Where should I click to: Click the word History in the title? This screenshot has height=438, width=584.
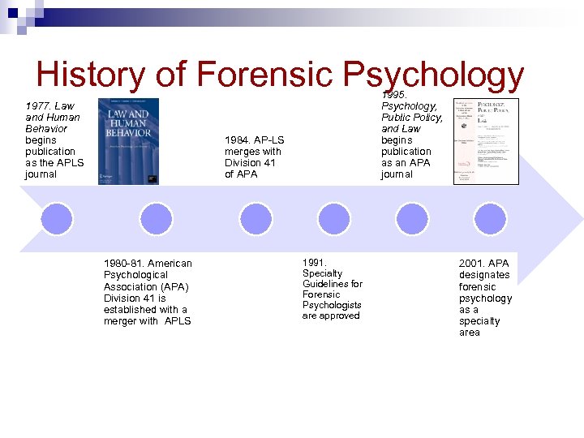pyautogui.click(x=89, y=75)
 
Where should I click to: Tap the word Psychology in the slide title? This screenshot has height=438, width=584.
pyautogui.click(x=433, y=75)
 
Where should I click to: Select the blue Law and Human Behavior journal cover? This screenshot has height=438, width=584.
pyautogui.click(x=128, y=141)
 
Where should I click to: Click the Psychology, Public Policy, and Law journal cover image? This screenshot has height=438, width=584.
pyautogui.click(x=485, y=141)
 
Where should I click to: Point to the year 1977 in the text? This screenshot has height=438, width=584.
pyautogui.click(x=39, y=106)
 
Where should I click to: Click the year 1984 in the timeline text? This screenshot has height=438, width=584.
pyautogui.click(x=238, y=140)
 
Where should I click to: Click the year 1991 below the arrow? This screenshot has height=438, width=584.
pyautogui.click(x=314, y=263)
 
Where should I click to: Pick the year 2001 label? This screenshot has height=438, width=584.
pyautogui.click(x=472, y=264)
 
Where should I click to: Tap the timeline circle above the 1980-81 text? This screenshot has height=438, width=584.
pyautogui.click(x=156, y=219)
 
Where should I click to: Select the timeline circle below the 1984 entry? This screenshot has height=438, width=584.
pyautogui.click(x=255, y=219)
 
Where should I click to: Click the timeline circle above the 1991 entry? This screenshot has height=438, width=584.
pyautogui.click(x=333, y=219)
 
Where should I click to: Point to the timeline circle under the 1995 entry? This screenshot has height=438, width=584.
pyautogui.click(x=411, y=219)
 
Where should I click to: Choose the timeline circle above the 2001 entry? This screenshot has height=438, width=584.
pyautogui.click(x=489, y=219)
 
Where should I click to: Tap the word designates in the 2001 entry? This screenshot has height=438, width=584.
pyautogui.click(x=484, y=275)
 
